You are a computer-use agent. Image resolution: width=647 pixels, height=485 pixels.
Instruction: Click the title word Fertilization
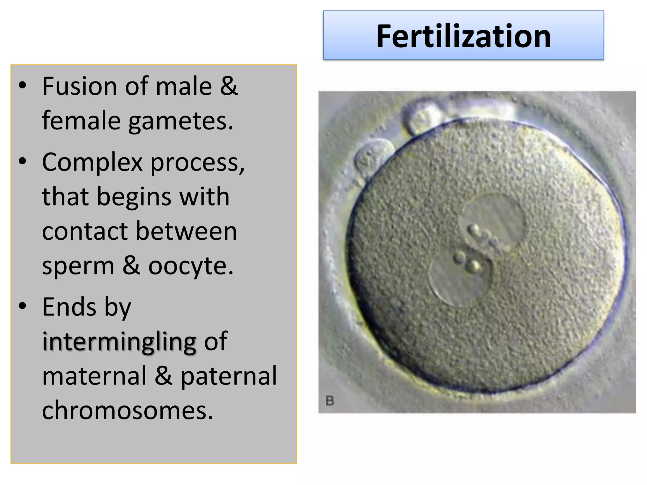coord(463,36)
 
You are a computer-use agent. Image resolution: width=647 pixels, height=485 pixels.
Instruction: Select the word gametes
coord(181,121)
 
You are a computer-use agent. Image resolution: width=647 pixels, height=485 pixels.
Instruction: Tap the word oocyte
coord(191,266)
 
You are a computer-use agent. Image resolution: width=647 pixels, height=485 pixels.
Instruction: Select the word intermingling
coord(119,342)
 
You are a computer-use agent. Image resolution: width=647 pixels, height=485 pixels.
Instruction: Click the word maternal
coord(94,376)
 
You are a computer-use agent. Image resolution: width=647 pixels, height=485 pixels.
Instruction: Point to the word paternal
coord(229,376)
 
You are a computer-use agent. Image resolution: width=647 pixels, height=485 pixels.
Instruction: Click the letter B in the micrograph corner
coord(330,401)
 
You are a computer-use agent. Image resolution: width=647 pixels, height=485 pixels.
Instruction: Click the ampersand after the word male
coord(228,86)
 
